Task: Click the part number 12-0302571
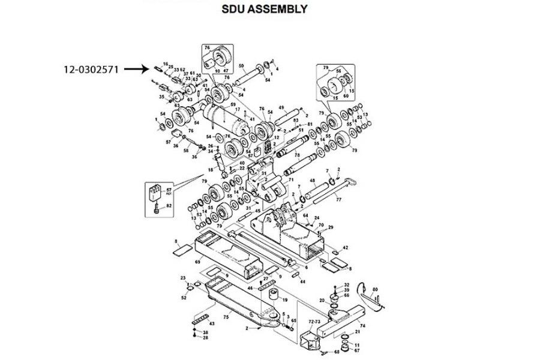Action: coord(93,70)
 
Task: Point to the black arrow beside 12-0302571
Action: coord(135,69)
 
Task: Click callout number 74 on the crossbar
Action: coord(362,326)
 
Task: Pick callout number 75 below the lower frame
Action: coord(226,317)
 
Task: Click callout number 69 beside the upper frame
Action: coord(197,263)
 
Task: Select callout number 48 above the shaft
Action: coord(313,181)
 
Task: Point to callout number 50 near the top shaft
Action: coord(241,65)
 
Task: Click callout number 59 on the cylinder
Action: coord(233,105)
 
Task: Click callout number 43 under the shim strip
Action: coord(211,324)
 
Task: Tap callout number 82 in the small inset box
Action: coord(169,206)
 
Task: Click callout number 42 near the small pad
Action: coord(345,247)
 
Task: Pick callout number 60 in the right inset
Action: coord(345,95)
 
